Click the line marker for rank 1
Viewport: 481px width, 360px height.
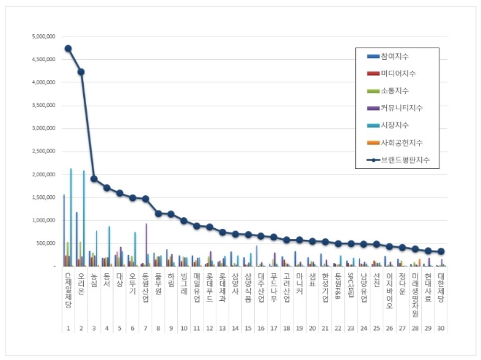(x=68, y=48)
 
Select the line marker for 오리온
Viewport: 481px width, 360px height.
(x=81, y=71)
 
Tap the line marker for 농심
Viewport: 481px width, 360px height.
(x=94, y=179)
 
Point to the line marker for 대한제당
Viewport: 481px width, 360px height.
(x=441, y=251)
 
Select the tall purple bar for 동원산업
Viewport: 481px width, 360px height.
(x=146, y=245)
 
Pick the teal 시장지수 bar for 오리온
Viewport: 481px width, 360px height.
(x=84, y=218)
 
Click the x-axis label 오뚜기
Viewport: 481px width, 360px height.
(x=133, y=284)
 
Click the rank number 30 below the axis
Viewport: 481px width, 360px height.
(x=441, y=329)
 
